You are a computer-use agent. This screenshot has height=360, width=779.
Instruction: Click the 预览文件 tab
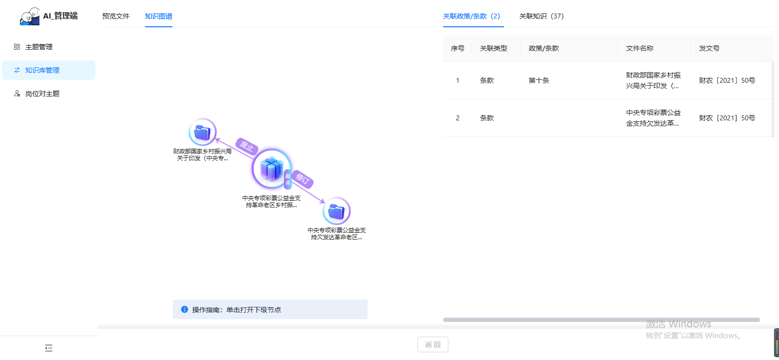pyautogui.click(x=116, y=16)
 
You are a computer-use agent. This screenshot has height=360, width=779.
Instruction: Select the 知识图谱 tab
pyautogui.click(x=159, y=16)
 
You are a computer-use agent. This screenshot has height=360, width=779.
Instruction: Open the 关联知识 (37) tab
pyautogui.click(x=541, y=16)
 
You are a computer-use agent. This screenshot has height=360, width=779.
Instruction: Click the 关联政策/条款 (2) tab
pyautogui.click(x=471, y=16)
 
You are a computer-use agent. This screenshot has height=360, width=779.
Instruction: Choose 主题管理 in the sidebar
pyautogui.click(x=39, y=47)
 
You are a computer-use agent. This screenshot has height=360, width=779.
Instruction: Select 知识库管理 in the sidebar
pyautogui.click(x=42, y=70)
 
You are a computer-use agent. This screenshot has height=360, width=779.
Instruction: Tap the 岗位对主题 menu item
pyautogui.click(x=42, y=94)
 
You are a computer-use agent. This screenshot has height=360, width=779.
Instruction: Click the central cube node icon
pyautogui.click(x=272, y=169)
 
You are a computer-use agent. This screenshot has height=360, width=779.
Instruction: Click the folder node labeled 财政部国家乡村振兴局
pyautogui.click(x=202, y=132)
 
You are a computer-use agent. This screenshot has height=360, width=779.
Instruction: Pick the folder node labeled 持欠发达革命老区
pyautogui.click(x=336, y=211)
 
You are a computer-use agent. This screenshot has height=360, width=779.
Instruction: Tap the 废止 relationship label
pyautogui.click(x=247, y=146)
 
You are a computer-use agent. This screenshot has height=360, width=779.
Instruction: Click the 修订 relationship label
pyautogui.click(x=303, y=179)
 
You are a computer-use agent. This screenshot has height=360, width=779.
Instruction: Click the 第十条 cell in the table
pyautogui.click(x=539, y=80)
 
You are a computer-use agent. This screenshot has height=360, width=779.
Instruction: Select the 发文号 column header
pyautogui.click(x=709, y=48)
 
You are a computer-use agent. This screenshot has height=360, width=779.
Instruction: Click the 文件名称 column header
pyautogui.click(x=640, y=48)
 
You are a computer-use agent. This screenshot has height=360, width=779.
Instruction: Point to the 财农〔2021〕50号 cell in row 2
pyautogui.click(x=727, y=118)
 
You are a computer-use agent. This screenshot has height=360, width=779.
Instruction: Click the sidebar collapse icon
pyautogui.click(x=49, y=348)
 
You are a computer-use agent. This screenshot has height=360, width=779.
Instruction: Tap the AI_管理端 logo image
pyautogui.click(x=30, y=16)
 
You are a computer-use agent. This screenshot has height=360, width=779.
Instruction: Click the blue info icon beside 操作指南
pyautogui.click(x=185, y=309)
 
